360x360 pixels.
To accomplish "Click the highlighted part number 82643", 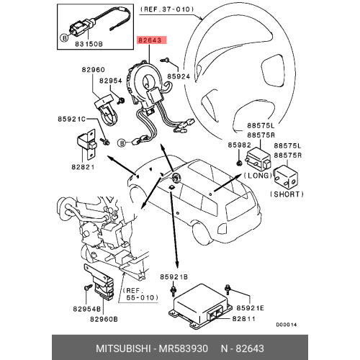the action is coord(152,40).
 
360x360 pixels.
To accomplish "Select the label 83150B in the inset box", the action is coord(89,44).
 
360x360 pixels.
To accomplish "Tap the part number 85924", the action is coord(179,76).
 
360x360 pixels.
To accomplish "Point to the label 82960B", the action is coord(104,319).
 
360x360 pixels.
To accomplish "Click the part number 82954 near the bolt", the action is coord(111,81).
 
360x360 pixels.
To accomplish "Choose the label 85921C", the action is coord(71,119).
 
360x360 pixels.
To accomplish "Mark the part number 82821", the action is coord(83,167).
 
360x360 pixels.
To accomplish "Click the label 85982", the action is coord(239,145).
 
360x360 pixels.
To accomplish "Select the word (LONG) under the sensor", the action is coord(258,176).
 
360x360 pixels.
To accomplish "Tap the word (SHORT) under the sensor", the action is coord(287,194).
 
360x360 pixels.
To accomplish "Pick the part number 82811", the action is coord(243,319).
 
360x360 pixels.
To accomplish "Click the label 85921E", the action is coord(251,307).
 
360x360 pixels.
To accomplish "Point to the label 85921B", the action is coord(174,276).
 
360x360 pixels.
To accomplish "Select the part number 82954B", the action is coord(87,309).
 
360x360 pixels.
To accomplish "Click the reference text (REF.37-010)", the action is coord(167,9).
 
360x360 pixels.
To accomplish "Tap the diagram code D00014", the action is coord(287,325).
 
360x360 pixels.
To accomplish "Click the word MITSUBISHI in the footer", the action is coord(123,348).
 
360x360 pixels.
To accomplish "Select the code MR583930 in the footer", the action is coord(184,348).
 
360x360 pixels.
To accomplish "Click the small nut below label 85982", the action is coord(239,163).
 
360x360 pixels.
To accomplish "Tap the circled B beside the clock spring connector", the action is coord(122,143).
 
